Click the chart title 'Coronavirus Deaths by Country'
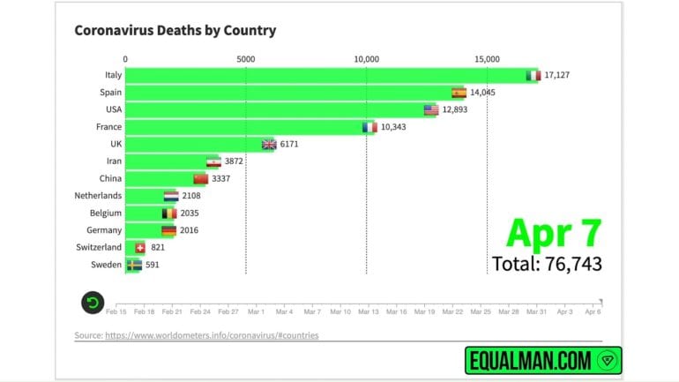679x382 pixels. point(175,30)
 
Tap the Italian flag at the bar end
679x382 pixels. point(533,76)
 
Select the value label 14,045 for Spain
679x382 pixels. point(483,93)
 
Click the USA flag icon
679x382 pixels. point(431,110)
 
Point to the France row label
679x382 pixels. point(108,127)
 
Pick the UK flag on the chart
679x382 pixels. point(269,145)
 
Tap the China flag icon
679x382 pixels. point(200,179)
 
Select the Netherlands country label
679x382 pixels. point(98,196)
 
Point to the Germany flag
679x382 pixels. point(168,230)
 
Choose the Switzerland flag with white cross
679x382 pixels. point(139,248)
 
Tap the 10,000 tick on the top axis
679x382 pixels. point(366,59)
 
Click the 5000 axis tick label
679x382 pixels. point(246,59)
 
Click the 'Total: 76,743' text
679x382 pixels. point(547,263)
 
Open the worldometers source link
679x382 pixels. point(212,335)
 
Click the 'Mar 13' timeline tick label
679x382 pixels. point(368,312)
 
